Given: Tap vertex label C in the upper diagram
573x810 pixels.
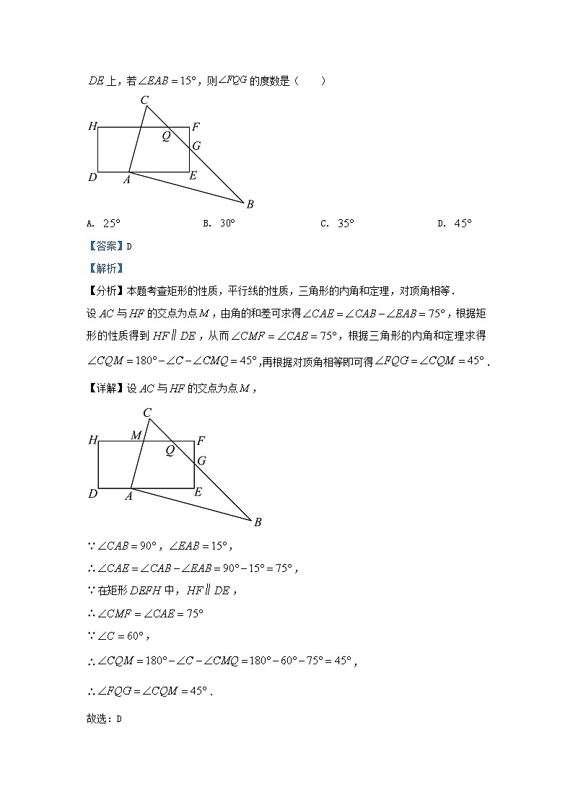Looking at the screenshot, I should click(144, 100).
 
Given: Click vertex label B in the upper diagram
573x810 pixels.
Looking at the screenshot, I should click(250, 204).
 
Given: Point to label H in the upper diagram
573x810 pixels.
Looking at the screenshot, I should click(92, 127).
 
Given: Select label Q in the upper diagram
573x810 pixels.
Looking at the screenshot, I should click(166, 136).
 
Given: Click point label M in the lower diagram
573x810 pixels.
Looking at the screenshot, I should click(136, 436).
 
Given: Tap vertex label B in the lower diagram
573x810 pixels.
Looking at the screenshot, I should click(257, 522).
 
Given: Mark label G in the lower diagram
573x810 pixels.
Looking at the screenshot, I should click(201, 461).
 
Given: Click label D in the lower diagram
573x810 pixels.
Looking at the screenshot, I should click(92, 494).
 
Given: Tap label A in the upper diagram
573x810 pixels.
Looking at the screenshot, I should click(126, 180).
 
